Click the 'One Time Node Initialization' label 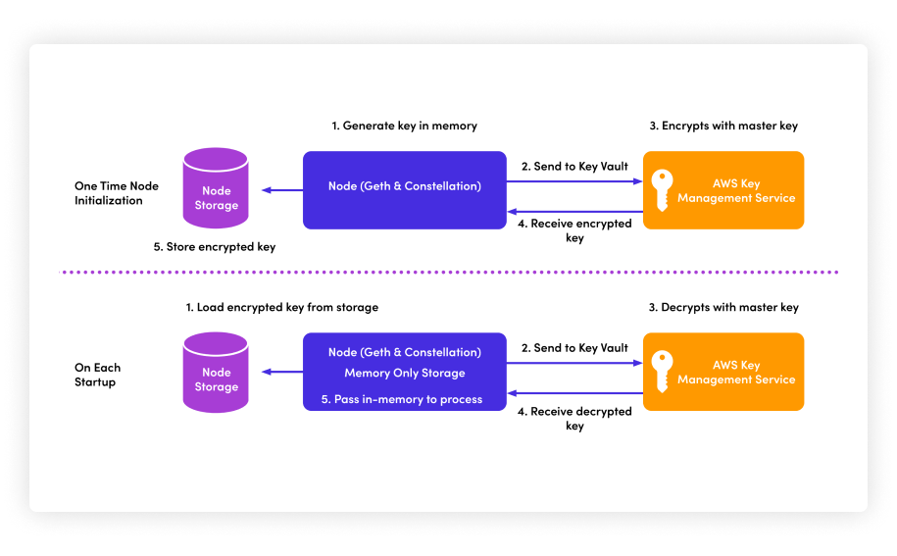tap(116, 193)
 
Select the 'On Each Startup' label tap(97, 375)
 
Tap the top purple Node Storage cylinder tap(216, 188)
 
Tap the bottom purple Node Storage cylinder tap(216, 371)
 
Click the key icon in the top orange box tap(663, 190)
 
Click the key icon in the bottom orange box tap(663, 372)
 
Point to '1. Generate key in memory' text tap(404, 126)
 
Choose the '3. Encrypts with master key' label tap(723, 126)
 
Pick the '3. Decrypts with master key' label tap(723, 307)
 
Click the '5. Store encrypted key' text tap(215, 247)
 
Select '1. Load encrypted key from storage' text tap(282, 307)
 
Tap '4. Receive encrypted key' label tap(574, 230)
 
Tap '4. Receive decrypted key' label tap(574, 419)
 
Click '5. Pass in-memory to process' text tap(402, 399)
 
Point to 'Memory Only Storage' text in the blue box tap(404, 374)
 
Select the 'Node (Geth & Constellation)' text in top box tap(404, 186)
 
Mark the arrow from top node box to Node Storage tap(282, 190)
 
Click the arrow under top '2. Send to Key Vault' tap(574, 181)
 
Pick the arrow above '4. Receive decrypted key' tap(574, 393)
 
